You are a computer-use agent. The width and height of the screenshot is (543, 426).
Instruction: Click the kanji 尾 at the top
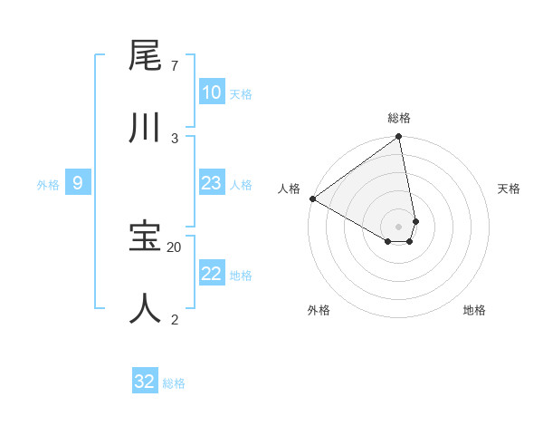pos(145,57)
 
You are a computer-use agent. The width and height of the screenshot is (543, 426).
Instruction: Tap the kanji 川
pos(145,128)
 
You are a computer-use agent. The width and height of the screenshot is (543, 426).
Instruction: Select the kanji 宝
pos(145,237)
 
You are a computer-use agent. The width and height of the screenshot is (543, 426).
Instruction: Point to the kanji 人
pos(145,308)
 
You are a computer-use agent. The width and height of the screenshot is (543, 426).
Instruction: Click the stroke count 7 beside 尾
pos(174,66)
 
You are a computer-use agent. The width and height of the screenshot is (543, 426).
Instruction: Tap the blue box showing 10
pos(211,92)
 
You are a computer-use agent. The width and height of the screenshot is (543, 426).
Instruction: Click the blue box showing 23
pos(211,183)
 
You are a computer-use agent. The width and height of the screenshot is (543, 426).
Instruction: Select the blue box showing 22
pos(211,274)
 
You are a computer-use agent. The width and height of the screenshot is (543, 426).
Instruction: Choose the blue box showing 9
pos(78,183)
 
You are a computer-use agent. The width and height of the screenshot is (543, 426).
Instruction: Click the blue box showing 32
pos(145,382)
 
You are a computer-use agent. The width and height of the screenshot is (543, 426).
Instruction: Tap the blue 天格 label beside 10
pos(241,93)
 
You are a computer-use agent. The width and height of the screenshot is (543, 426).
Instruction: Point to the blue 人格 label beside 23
pos(241,184)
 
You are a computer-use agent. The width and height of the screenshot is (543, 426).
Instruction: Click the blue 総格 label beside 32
pos(174,383)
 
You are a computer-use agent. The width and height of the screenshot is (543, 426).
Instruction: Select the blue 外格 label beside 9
pos(48,185)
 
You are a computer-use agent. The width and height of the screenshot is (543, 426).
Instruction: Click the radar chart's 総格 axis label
pos(399,118)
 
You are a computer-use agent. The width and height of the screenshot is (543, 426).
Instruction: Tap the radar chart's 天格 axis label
pos(510,189)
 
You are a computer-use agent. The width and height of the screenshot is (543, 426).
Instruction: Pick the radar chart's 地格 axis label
pos(474,310)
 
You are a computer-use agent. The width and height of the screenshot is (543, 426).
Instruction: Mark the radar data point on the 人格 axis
pos(312,198)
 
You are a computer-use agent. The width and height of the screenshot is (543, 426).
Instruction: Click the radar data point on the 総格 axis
pos(399,137)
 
